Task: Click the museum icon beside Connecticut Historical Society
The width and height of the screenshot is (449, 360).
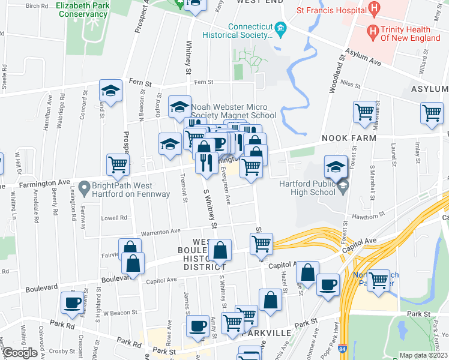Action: point(280,28)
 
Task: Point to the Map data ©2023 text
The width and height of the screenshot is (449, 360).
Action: point(423,355)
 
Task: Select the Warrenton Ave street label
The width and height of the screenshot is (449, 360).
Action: point(161,231)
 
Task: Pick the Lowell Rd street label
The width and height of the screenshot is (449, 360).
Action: point(115,218)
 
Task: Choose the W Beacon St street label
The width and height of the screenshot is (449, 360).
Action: point(116,313)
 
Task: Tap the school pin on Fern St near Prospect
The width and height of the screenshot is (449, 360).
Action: point(110,91)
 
